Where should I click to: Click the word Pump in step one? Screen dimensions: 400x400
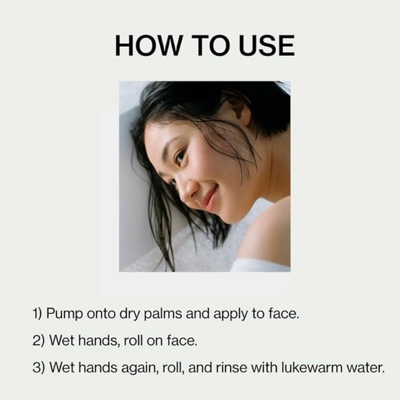pos(64,314)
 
